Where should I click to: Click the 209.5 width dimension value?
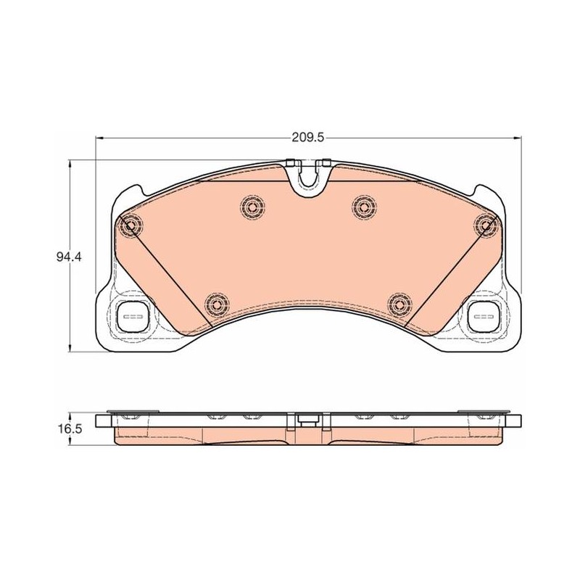(x=307, y=138)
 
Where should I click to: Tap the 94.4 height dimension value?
(x=68, y=257)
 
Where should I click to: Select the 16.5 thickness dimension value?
(x=69, y=429)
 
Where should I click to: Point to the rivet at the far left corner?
(x=130, y=225)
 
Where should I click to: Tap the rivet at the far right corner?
(x=486, y=225)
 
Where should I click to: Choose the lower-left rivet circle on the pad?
(x=216, y=304)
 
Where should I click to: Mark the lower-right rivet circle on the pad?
(x=400, y=304)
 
